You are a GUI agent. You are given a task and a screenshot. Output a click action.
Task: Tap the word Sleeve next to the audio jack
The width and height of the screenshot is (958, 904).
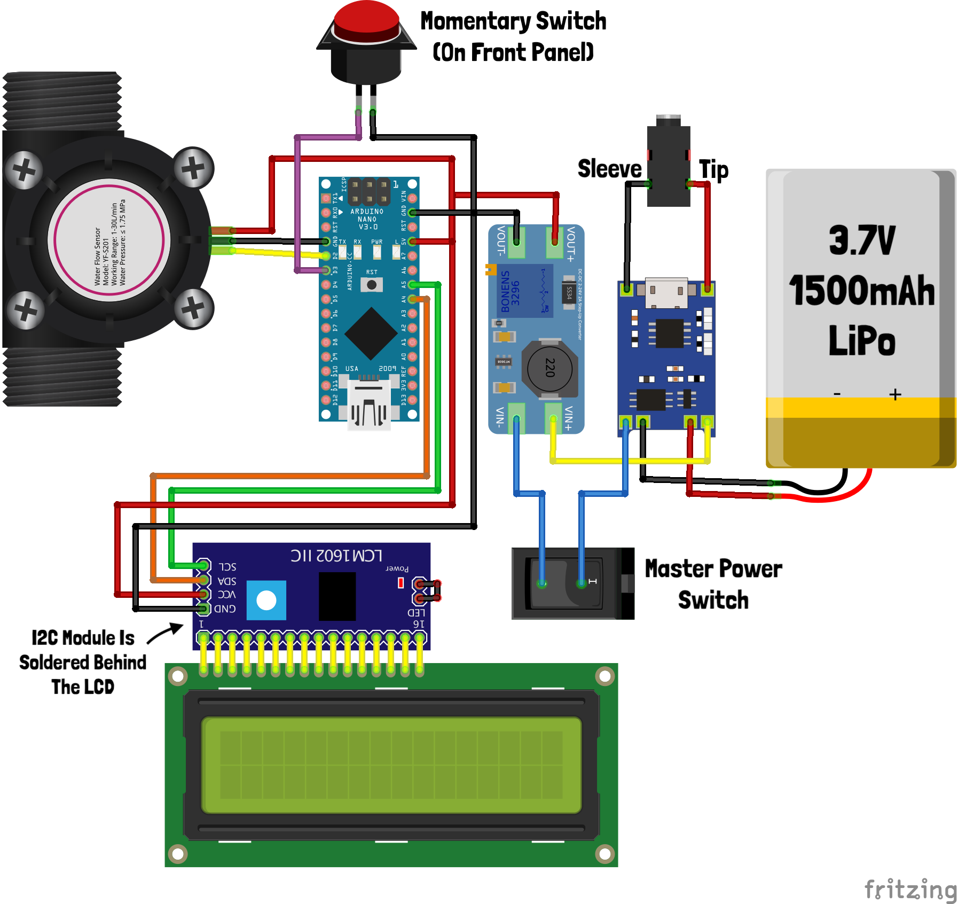609,169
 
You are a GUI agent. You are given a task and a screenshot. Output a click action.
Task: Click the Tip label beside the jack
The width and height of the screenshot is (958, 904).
713,170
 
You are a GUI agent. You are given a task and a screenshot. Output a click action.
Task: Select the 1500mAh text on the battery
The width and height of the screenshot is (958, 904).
861,291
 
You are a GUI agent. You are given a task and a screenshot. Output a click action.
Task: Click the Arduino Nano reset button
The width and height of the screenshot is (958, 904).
372,285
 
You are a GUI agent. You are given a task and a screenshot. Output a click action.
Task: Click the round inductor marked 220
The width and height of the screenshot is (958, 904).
549,368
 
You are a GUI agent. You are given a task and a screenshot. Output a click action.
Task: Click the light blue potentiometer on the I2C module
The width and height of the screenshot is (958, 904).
266,601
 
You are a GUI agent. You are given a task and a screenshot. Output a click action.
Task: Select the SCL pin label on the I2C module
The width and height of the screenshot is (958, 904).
227,566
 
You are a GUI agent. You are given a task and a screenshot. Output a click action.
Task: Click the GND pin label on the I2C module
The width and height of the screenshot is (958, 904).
225,609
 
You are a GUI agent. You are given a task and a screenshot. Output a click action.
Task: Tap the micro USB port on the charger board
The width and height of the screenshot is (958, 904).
666,292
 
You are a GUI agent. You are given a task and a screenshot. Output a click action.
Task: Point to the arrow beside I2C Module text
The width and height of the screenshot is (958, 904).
165,633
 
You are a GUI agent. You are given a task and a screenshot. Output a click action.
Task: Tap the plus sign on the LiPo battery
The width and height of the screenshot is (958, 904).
896,395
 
